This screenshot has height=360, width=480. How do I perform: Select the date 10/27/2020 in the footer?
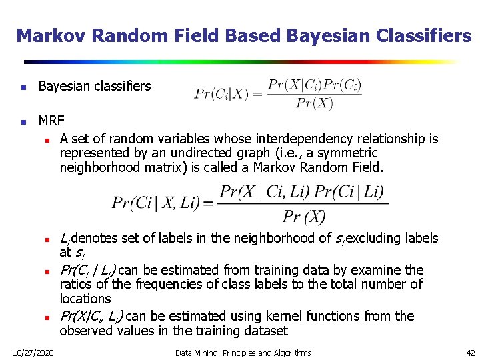click(34, 352)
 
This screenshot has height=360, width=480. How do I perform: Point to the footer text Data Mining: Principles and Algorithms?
click(243, 352)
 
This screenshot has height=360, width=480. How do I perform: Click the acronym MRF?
click(51, 121)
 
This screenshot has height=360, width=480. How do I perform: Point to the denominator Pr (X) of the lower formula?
click(303, 216)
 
